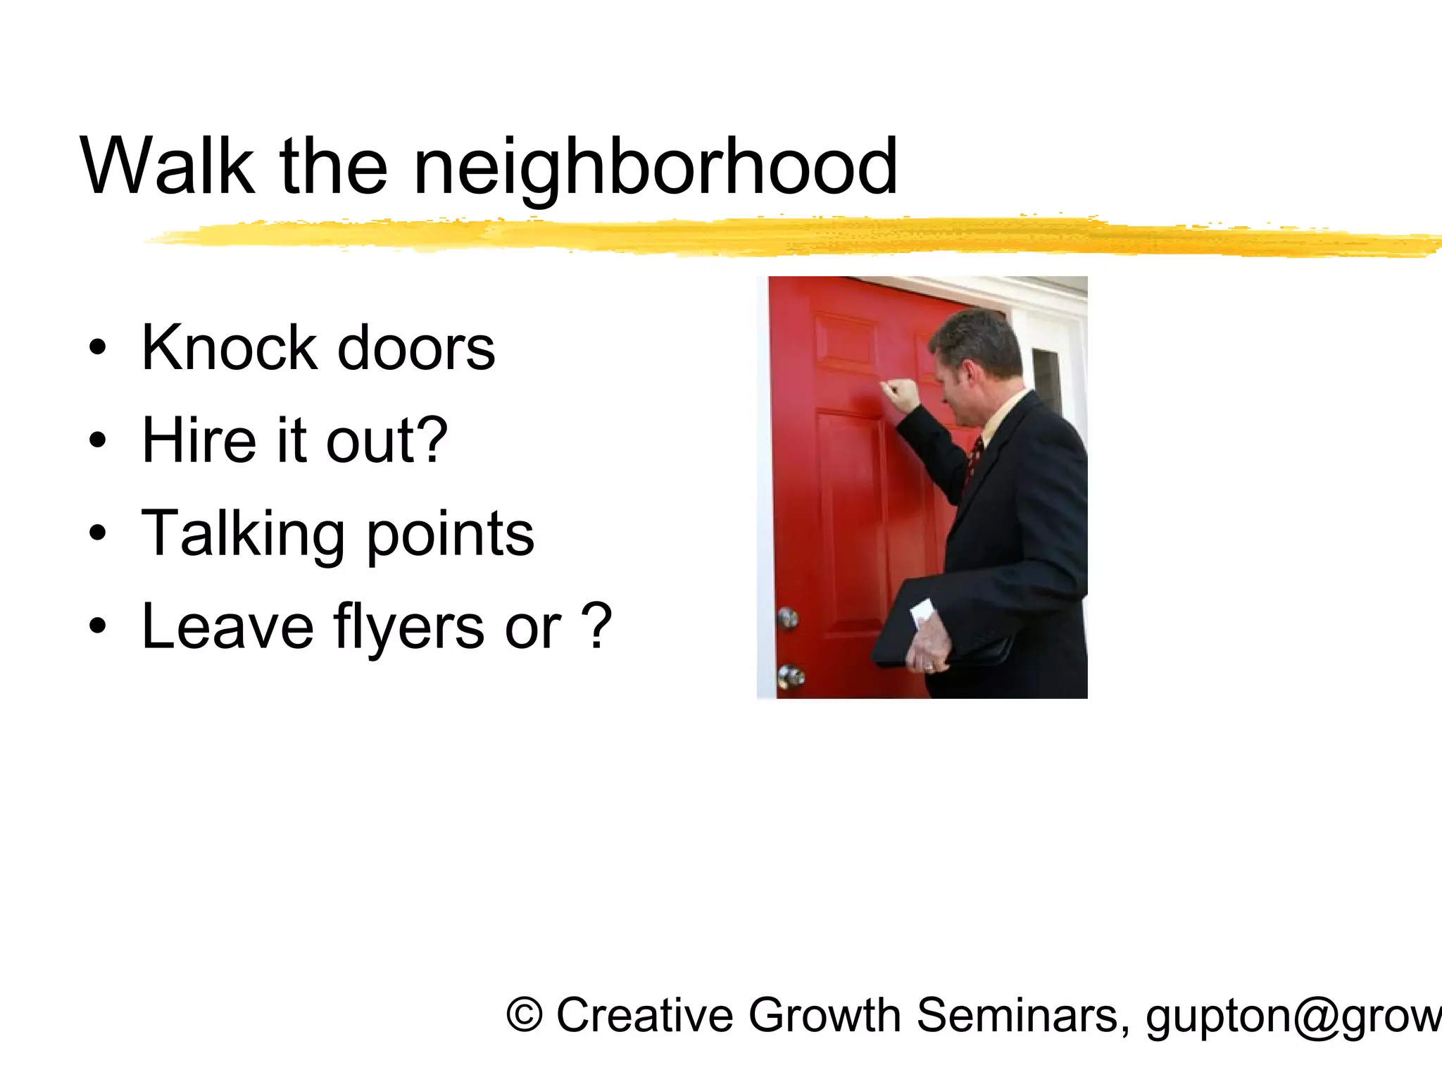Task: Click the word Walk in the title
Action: click(167, 167)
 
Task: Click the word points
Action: click(451, 535)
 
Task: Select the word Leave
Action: click(227, 627)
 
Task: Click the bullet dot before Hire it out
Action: click(98, 440)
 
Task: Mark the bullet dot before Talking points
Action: click(98, 533)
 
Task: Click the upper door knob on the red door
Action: click(788, 618)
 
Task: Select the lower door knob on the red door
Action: click(791, 676)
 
